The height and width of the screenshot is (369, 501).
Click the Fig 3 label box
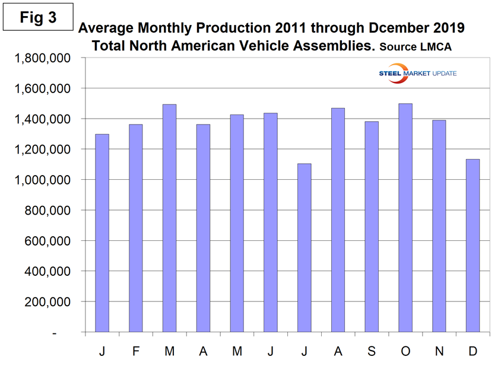coord(38,18)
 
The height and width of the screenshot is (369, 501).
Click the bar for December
coord(473,246)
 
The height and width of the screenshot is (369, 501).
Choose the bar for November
coord(439,226)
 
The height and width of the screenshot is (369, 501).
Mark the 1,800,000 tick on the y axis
coord(46,58)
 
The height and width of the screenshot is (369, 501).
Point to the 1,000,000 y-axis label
coord(46,180)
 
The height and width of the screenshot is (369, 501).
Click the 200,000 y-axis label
coord(51,302)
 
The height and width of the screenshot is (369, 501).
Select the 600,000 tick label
coord(51,241)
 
